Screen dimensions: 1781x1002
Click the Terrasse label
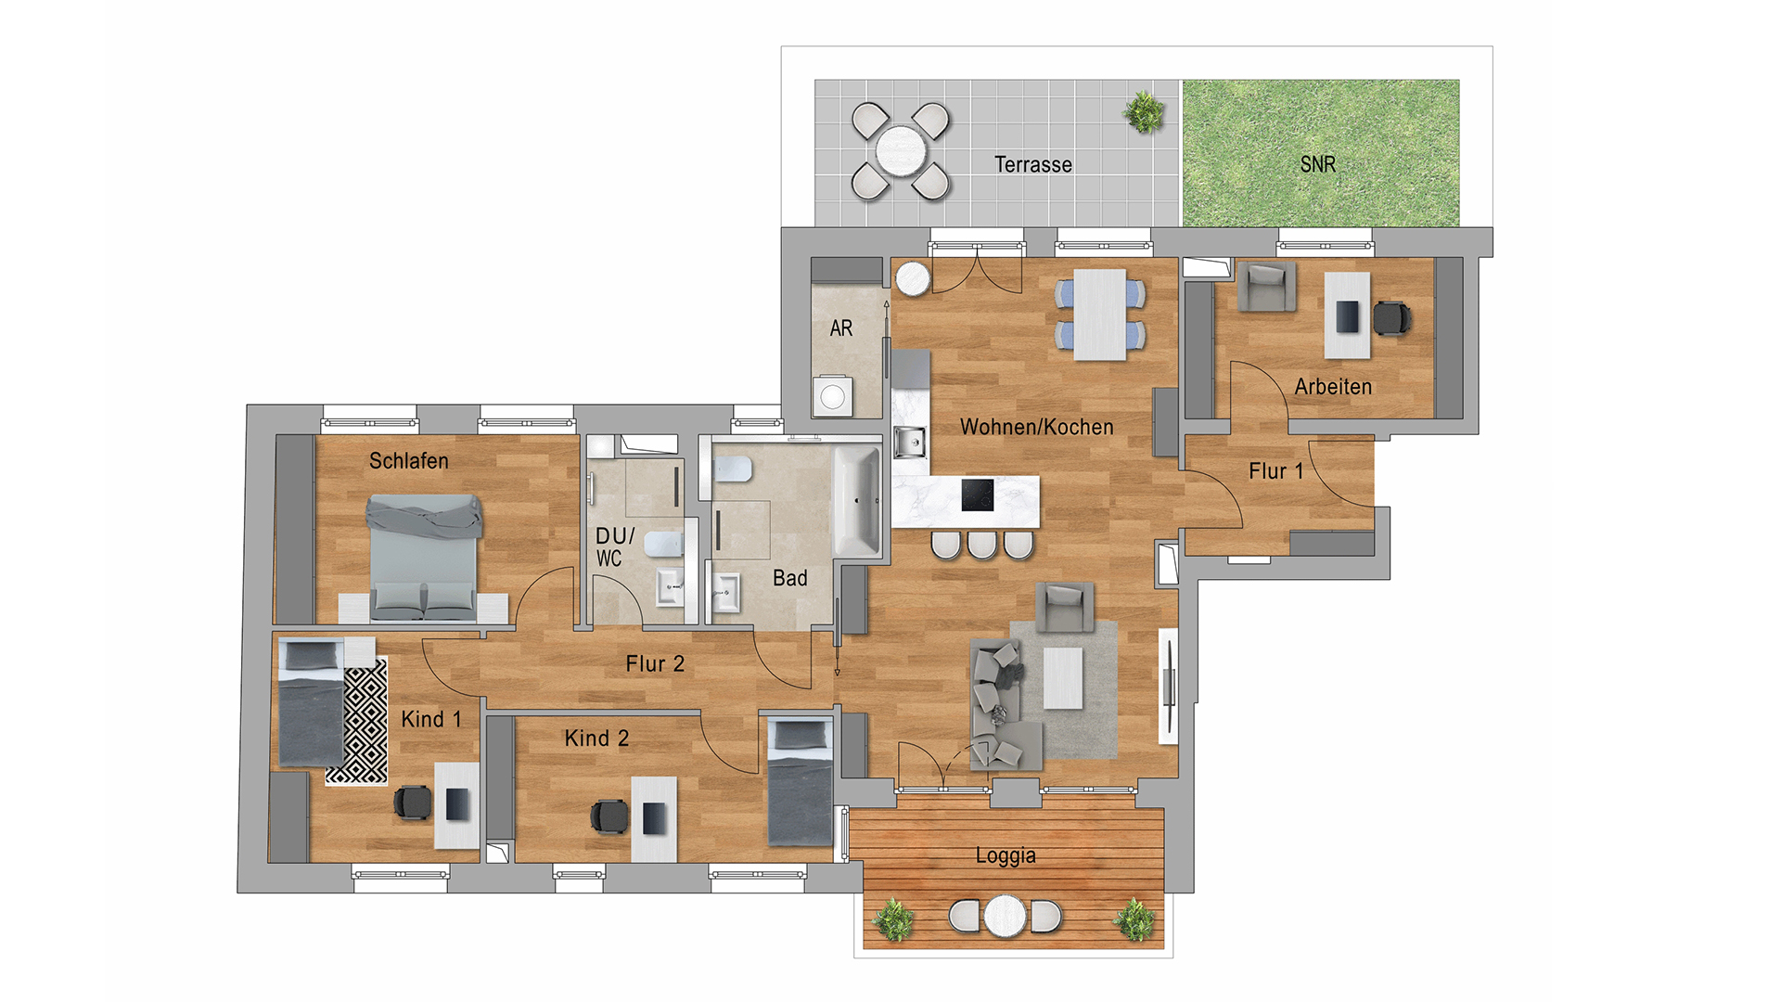point(1033,164)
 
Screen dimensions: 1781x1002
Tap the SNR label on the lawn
point(1318,164)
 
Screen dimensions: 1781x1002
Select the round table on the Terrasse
point(900,150)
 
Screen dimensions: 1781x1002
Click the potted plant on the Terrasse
point(1144,112)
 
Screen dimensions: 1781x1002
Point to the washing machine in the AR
point(833,396)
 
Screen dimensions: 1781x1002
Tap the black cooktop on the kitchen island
point(978,495)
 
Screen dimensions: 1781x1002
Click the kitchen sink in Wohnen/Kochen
point(909,442)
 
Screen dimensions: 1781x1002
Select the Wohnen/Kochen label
point(1037,427)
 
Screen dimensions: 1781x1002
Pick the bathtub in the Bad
point(856,501)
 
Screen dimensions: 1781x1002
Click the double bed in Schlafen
point(425,557)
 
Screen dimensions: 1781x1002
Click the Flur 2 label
point(655,663)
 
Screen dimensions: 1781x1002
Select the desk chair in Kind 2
point(609,816)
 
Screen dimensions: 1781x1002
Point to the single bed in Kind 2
point(800,781)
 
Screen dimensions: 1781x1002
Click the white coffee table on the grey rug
point(1063,678)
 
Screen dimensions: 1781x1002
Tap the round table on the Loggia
point(1006,916)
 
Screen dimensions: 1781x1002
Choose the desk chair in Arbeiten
point(1391,317)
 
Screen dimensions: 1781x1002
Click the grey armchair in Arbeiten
point(1266,287)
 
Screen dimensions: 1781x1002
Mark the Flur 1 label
point(1276,471)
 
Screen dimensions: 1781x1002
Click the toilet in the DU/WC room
point(662,544)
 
